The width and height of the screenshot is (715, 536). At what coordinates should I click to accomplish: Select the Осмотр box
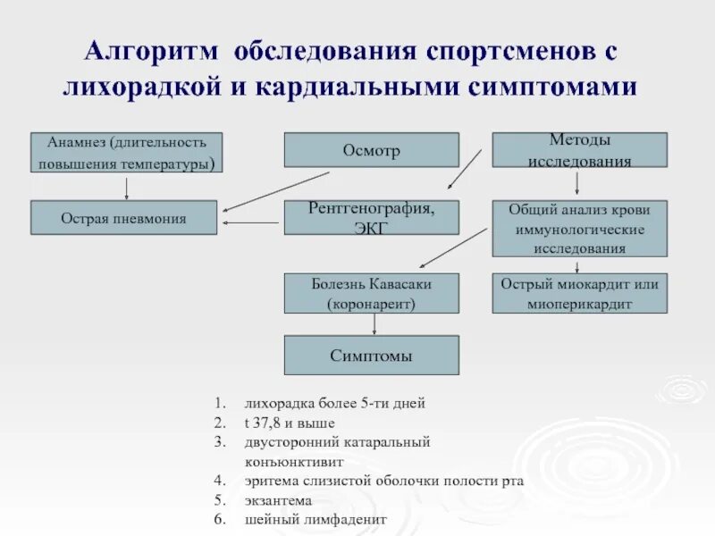(x=371, y=150)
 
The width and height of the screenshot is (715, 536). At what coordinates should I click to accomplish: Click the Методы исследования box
(x=579, y=150)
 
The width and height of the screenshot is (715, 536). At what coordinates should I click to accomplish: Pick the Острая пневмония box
(x=123, y=218)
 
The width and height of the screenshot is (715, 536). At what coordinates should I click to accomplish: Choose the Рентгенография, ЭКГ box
(x=371, y=217)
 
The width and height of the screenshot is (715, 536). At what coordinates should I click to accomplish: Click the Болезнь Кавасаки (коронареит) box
(x=371, y=293)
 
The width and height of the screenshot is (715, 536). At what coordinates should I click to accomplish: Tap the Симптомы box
(x=371, y=355)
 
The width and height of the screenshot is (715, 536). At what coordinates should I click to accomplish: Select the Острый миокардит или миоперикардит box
(x=579, y=293)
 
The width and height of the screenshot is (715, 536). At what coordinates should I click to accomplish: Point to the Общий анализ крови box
(x=579, y=229)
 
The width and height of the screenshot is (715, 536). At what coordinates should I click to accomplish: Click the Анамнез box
(x=126, y=153)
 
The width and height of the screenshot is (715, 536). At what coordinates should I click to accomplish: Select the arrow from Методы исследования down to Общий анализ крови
(x=577, y=183)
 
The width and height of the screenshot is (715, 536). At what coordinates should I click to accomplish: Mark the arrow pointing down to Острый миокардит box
(x=578, y=265)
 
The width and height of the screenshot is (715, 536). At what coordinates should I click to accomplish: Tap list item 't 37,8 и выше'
(x=290, y=423)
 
